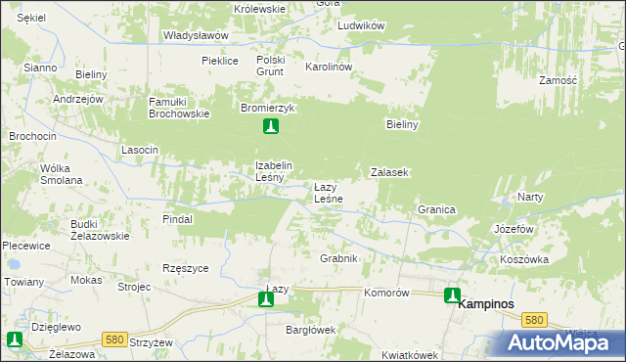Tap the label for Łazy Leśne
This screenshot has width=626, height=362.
(327, 193)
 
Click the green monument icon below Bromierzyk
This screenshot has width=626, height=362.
(271, 126)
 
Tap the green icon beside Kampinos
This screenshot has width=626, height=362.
(452, 294)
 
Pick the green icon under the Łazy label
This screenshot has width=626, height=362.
(266, 299)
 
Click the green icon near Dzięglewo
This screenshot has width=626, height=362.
(15, 339)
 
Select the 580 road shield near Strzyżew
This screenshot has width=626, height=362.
(114, 339)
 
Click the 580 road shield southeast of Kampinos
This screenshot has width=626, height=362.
(533, 320)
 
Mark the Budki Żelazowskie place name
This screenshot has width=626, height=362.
(100, 230)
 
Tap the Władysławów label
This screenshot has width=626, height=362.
(196, 35)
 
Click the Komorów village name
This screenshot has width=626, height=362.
(385, 293)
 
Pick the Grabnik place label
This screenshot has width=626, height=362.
(339, 258)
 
